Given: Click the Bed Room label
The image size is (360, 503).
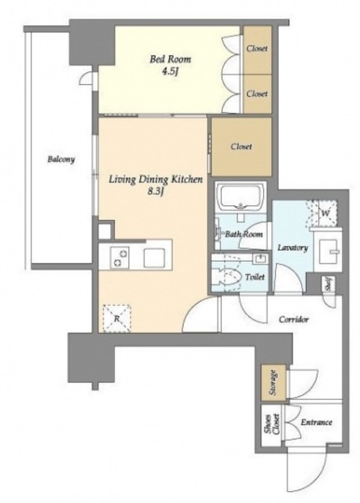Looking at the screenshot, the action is pyautogui.click(x=170, y=60).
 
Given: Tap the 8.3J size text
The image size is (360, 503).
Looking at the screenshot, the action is pyautogui.click(x=156, y=192).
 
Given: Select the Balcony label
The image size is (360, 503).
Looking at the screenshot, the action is pyautogui.click(x=61, y=159).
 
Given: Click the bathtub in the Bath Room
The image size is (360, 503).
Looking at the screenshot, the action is pyautogui.click(x=241, y=196).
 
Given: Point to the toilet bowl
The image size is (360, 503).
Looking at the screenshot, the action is pyautogui.click(x=230, y=277).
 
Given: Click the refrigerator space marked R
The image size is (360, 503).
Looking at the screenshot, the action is pyautogui.click(x=117, y=318).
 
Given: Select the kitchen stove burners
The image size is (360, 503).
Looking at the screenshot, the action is pyautogui.click(x=119, y=258).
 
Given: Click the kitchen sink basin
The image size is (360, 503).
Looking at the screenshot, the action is pyautogui.click(x=154, y=258).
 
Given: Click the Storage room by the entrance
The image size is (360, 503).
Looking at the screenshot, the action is pyautogui.click(x=273, y=383).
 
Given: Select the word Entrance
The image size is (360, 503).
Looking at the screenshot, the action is pyautogui.click(x=316, y=422).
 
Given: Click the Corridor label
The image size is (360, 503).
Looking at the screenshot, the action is pyautogui.click(x=294, y=320).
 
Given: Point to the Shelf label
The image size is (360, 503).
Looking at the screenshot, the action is pyautogui.click(x=329, y=284).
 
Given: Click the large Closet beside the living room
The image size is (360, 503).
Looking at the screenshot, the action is pyautogui.click(x=241, y=146).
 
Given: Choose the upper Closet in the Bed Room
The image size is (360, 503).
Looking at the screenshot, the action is pyautogui.click(x=257, y=50).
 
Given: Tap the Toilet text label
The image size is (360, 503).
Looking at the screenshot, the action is pyautogui.click(x=255, y=277).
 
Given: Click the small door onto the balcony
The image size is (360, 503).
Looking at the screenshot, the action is pyautogui.click(x=88, y=78).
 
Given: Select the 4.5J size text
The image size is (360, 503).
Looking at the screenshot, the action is pyautogui.click(x=170, y=72).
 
